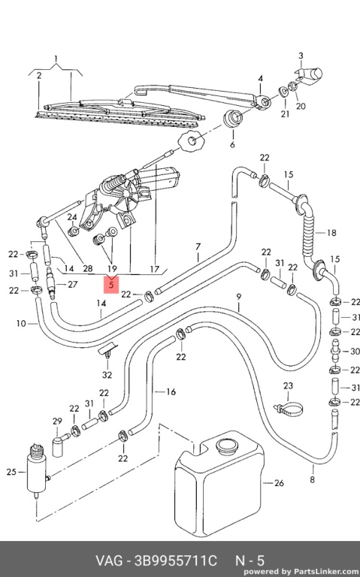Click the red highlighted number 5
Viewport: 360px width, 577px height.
pos(111,285)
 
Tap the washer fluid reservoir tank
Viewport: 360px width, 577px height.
pos(218,486)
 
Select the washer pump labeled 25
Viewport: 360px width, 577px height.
pos(38,471)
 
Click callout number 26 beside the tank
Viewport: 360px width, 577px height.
pos(279,483)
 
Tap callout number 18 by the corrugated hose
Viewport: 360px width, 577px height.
pos(331,233)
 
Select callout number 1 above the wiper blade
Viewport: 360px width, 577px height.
pos(56,59)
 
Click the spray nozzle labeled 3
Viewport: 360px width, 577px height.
pos(309,74)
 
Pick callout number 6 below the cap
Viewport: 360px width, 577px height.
pos(232,144)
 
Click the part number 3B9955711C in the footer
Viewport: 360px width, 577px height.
pos(176,560)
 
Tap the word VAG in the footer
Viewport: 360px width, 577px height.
pos(109,560)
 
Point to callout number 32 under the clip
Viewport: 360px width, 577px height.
pos(107,375)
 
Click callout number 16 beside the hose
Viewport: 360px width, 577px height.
pos(171,391)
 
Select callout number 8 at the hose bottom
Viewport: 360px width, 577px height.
pos(313,479)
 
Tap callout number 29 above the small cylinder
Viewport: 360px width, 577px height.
pos(57,421)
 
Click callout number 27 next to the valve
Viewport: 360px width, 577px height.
pos(72,285)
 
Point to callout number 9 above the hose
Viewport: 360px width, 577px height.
pos(239,297)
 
